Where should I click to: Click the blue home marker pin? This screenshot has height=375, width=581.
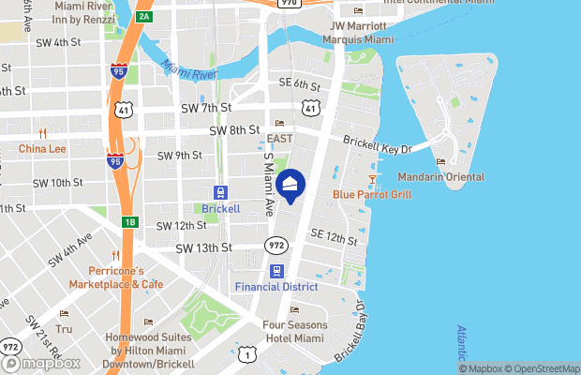(291, 187)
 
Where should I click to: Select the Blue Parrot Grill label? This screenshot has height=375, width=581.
(372, 195)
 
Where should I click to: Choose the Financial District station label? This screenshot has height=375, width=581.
(276, 286)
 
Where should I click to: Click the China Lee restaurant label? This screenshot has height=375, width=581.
(42, 148)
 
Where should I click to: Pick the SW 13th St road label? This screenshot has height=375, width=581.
(203, 247)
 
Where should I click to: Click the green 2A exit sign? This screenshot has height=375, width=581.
(142, 17)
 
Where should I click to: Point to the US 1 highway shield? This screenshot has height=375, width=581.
(246, 353)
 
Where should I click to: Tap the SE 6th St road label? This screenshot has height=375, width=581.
(300, 83)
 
